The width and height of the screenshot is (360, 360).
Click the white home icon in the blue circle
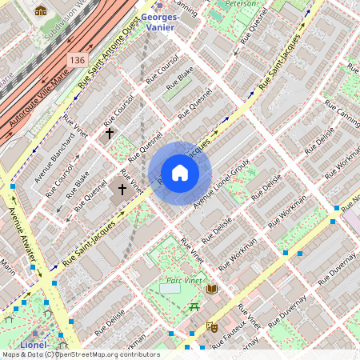click(x=180, y=173)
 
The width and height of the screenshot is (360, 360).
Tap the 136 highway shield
click(x=77, y=60)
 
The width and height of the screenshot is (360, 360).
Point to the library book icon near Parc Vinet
click(x=212, y=288)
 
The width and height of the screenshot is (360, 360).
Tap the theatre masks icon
click(x=212, y=326)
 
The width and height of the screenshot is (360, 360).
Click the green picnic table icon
click(x=194, y=306)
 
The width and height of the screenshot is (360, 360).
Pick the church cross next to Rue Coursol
click(x=110, y=134)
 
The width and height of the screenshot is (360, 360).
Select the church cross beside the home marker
click(x=122, y=190)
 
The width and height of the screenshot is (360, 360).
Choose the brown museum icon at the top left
click(x=41, y=11)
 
